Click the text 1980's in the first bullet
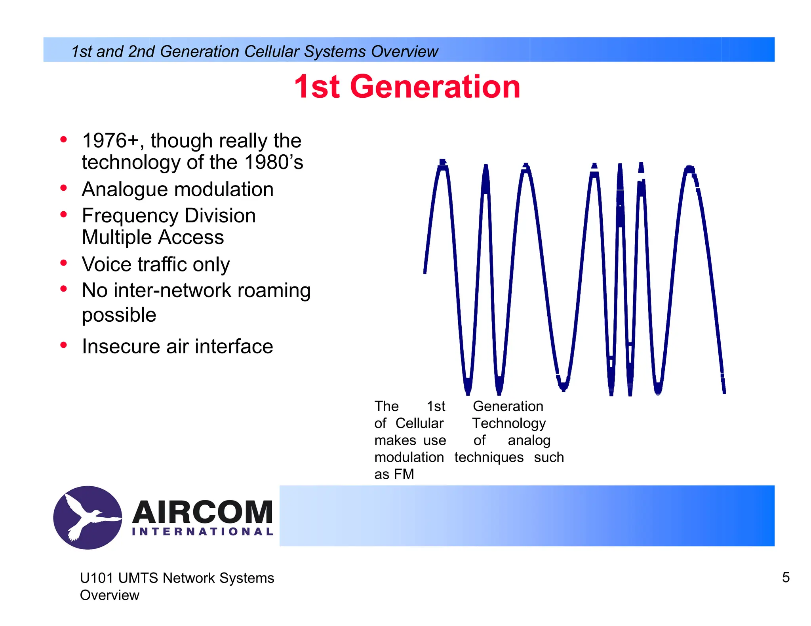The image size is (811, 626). pyautogui.click(x=273, y=162)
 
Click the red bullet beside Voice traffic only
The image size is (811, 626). pyautogui.click(x=63, y=263)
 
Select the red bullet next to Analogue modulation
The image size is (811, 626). pyautogui.click(x=63, y=188)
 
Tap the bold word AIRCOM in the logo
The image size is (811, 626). pyautogui.click(x=202, y=512)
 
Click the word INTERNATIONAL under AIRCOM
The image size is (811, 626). pyautogui.click(x=202, y=532)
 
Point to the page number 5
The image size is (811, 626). pyautogui.click(x=786, y=577)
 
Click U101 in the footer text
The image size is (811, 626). pyautogui.click(x=97, y=578)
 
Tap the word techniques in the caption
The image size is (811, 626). pyautogui.click(x=489, y=457)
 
